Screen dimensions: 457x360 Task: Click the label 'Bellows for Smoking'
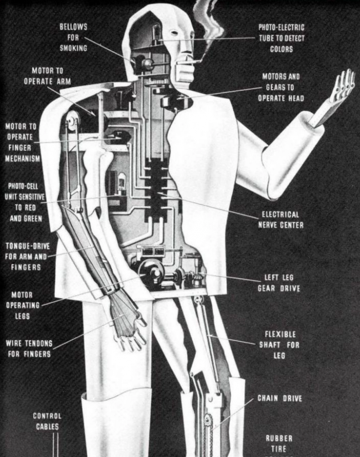point(73,38)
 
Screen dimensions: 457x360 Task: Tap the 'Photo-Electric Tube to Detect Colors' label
point(281,38)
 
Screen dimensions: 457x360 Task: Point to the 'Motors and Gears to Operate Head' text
point(281,87)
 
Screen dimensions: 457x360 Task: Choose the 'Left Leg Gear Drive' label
point(279,283)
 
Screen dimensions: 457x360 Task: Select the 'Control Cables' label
point(47,421)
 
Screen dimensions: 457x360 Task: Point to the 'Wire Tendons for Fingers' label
point(29,349)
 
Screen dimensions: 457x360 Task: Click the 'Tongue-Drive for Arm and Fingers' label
point(26,256)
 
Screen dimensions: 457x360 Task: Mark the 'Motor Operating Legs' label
point(22,305)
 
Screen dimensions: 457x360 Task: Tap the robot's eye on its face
point(174,33)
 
